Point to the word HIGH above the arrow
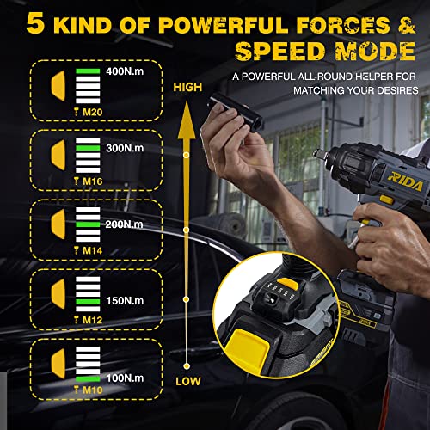(187, 87)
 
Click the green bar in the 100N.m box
(87, 377)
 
